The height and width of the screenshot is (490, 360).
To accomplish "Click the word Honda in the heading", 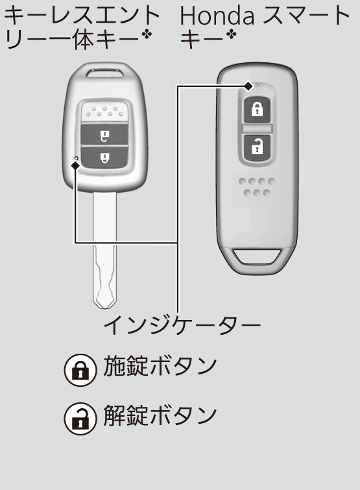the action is [217, 16].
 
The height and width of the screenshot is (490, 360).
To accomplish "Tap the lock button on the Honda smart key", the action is [258, 110].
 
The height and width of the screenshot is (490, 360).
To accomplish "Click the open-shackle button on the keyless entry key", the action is [104, 136].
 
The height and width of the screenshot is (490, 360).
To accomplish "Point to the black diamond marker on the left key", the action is [75, 165].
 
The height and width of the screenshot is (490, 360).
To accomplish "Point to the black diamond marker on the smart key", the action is [248, 86].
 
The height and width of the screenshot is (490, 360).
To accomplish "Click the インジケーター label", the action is [182, 325].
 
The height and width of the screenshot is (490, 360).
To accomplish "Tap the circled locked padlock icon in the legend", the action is [80, 370].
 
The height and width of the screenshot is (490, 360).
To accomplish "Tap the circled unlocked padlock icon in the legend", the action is [80, 419].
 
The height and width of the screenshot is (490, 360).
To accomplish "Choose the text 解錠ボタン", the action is [160, 415].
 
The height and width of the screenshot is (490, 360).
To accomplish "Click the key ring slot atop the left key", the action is [105, 73].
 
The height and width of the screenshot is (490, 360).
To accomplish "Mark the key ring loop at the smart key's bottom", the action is [257, 256].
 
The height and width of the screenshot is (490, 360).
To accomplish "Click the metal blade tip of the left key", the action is [105, 303].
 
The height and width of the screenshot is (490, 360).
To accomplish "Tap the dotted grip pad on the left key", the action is [104, 112].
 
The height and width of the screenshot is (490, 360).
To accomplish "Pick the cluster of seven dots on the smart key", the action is [257, 187].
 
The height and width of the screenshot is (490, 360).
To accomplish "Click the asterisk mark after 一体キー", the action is [146, 35].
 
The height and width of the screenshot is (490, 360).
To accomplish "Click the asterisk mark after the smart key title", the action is [231, 35].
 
